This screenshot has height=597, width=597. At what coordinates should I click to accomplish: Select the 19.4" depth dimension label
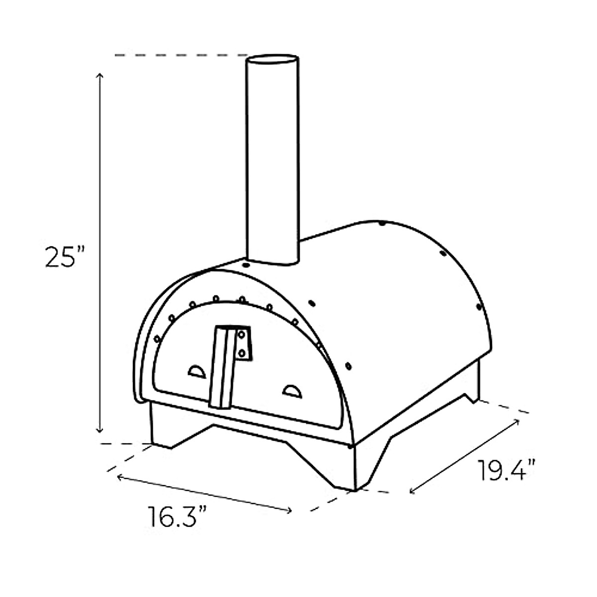click(507, 470)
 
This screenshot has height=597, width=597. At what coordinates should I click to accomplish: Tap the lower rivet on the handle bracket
click(242, 353)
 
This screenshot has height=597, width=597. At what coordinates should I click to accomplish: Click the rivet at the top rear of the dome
click(382, 223)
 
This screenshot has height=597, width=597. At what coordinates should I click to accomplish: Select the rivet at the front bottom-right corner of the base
click(351, 447)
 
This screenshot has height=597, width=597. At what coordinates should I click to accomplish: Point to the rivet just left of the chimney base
click(244, 266)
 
